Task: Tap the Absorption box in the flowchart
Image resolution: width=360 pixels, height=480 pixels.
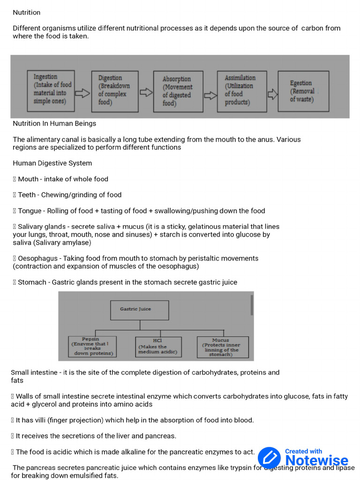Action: click(178, 91)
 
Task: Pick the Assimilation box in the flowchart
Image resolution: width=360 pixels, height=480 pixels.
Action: click(242, 91)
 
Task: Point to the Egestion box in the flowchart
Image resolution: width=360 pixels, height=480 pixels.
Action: click(303, 91)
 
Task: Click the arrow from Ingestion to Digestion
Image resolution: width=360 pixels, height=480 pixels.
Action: click(82, 93)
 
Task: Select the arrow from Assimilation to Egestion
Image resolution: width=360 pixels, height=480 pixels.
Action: click(272, 94)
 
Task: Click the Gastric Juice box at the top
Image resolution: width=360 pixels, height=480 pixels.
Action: click(139, 310)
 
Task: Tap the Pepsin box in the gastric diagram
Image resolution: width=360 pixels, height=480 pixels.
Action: click(92, 347)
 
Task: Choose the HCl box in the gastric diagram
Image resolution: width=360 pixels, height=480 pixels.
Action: click(158, 347)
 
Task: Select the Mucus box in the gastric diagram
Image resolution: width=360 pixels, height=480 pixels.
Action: click(222, 347)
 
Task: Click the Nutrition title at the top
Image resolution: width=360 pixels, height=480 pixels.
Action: click(27, 13)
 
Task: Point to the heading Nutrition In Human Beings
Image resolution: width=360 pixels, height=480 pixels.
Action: click(54, 124)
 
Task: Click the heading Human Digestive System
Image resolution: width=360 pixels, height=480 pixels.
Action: click(52, 163)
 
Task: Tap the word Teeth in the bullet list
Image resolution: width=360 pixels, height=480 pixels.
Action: click(27, 195)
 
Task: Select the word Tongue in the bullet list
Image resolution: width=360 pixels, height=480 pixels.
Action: click(30, 211)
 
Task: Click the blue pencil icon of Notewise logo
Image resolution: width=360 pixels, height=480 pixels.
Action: click(269, 457)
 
